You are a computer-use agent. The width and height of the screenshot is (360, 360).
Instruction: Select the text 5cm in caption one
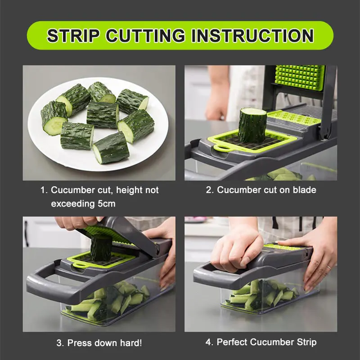(105, 204)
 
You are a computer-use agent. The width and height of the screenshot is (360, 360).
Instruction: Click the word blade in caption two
(304, 190)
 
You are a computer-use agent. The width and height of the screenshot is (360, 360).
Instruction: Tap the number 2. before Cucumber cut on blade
(210, 190)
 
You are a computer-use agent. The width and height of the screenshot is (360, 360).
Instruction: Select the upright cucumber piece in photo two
(252, 125)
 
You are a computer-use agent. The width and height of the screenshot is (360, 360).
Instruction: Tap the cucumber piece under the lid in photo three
(101, 248)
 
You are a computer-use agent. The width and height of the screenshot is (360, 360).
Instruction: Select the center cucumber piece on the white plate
(103, 114)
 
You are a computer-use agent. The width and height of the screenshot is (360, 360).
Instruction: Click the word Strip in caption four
(305, 342)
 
